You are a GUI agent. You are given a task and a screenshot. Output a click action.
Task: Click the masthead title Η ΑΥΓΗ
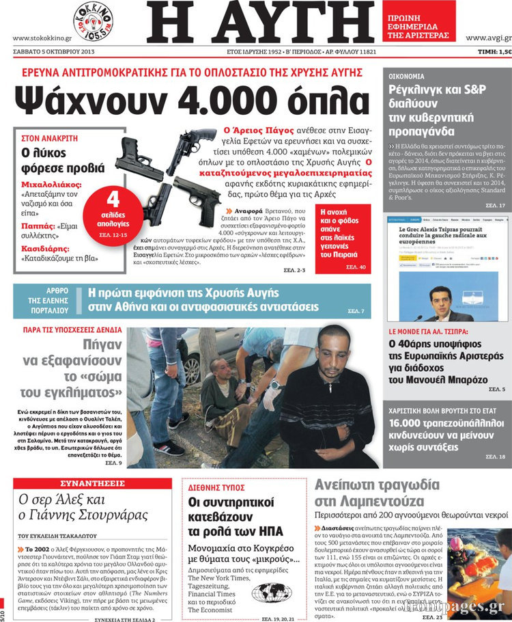point(260,23)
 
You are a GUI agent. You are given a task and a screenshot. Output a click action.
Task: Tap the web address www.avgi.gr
point(486,38)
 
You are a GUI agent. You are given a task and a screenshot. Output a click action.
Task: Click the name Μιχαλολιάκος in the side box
point(51,185)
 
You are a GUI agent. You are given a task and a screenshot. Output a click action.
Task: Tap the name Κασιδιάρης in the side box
point(46,250)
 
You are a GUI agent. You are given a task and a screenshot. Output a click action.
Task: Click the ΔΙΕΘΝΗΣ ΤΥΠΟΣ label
point(216,487)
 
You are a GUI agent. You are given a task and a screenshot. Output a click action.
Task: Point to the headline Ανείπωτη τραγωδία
point(377,485)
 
